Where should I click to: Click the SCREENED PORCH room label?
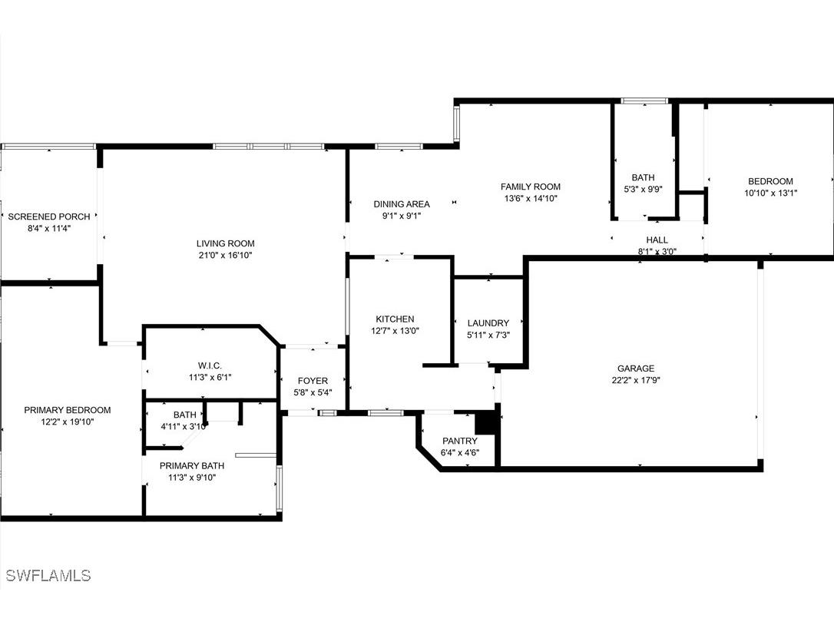coord(48,217)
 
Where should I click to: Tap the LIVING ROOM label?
coord(225,243)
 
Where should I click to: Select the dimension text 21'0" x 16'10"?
coord(225,255)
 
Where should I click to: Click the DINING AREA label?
coord(402,204)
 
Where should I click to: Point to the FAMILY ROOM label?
coord(531,187)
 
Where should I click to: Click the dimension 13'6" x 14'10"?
coord(531,198)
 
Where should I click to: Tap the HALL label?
coord(657,240)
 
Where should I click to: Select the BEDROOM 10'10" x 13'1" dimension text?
coord(770,193)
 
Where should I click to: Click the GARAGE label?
coord(636,369)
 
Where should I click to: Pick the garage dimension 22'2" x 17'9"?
coord(636,380)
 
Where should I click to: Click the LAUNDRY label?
coord(488,323)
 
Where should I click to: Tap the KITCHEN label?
coord(395,319)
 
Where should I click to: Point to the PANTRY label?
coord(460,441)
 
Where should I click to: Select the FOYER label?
coord(313,381)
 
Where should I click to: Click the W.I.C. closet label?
coord(210,366)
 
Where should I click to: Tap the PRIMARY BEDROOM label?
coord(68,410)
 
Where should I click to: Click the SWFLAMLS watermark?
coord(48,575)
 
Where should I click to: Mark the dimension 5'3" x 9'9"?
coord(643,190)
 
